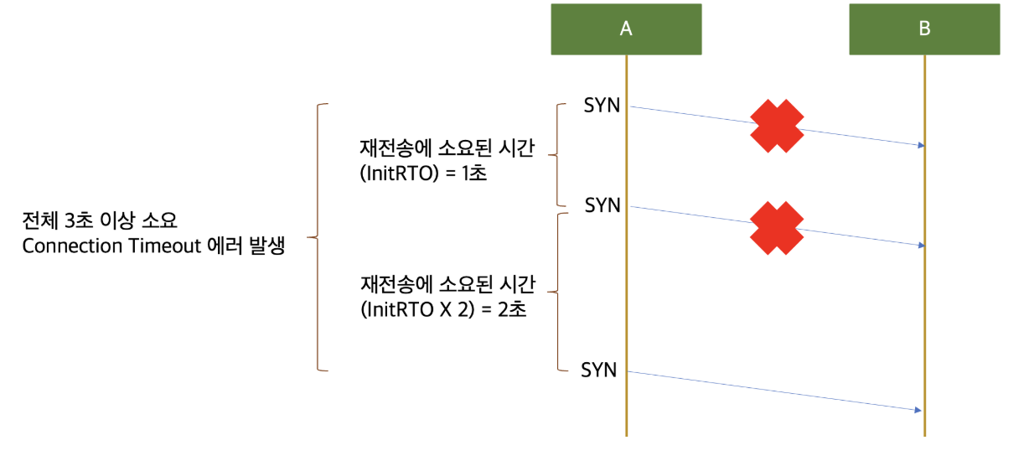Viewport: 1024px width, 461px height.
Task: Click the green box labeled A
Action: pyautogui.click(x=626, y=28)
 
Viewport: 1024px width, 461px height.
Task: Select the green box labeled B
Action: pyautogui.click(x=924, y=28)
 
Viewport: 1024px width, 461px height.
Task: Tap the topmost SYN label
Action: pyautogui.click(x=603, y=106)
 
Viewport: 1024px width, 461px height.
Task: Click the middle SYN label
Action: pyautogui.click(x=603, y=205)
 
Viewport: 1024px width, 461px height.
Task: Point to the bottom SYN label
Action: pyautogui.click(x=599, y=370)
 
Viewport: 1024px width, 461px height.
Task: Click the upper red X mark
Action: pyautogui.click(x=777, y=126)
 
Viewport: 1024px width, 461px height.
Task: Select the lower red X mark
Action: pyautogui.click(x=777, y=226)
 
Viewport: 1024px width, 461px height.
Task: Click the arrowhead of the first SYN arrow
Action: pyautogui.click(x=920, y=146)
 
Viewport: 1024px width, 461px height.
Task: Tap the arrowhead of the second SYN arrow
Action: pyautogui.click(x=920, y=246)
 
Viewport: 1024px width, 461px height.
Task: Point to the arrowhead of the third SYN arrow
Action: pyautogui.click(x=918, y=410)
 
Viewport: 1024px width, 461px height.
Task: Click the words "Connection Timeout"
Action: pyautogui.click(x=112, y=247)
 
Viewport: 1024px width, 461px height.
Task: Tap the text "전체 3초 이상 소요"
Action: pyautogui.click(x=100, y=223)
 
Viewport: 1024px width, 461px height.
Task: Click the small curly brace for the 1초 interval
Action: pyautogui.click(x=558, y=155)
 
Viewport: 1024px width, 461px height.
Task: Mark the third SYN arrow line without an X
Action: pyautogui.click(x=771, y=391)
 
